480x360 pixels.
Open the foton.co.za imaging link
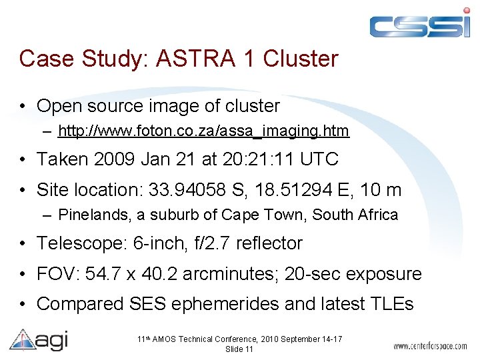click(x=203, y=131)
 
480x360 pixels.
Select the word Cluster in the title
click(x=301, y=59)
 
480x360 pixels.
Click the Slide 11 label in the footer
click(x=239, y=349)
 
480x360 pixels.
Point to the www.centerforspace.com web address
click(x=429, y=346)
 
